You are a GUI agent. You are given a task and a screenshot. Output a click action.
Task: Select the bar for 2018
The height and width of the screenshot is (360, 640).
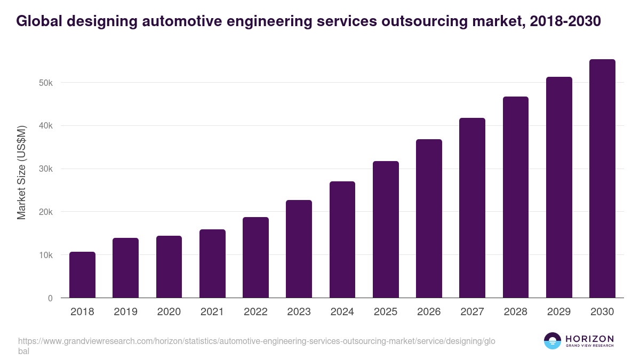pyautogui.click(x=82, y=275)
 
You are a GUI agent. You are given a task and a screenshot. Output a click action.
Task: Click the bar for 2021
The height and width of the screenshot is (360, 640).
pyautogui.click(x=212, y=263)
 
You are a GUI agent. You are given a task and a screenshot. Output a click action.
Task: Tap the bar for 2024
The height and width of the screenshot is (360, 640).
pyautogui.click(x=342, y=239)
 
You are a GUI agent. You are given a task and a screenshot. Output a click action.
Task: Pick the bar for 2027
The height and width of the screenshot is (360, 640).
pyautogui.click(x=472, y=208)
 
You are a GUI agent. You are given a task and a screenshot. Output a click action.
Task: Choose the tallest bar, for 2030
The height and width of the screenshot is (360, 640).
pyautogui.click(x=602, y=179)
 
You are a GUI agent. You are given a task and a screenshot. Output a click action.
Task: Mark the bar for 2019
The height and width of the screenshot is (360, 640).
pyautogui.click(x=125, y=268)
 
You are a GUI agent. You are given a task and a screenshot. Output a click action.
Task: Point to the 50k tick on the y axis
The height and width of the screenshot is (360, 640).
pyautogui.click(x=45, y=83)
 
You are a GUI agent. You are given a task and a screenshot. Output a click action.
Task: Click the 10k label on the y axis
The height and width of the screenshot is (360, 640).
pyautogui.click(x=45, y=255)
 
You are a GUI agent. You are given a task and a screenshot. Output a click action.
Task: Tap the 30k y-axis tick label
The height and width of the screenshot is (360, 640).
pyautogui.click(x=45, y=169)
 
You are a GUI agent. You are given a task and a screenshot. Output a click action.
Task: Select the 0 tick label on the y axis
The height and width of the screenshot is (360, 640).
pyautogui.click(x=50, y=298)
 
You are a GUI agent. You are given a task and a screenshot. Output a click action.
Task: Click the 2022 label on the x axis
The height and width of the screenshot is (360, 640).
pyautogui.click(x=255, y=312)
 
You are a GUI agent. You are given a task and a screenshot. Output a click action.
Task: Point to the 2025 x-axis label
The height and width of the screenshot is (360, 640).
pyautogui.click(x=386, y=312)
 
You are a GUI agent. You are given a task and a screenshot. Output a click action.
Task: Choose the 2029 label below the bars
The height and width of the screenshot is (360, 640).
pyautogui.click(x=559, y=312)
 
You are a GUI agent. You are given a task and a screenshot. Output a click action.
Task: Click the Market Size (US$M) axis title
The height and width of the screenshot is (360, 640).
pyautogui.click(x=22, y=173)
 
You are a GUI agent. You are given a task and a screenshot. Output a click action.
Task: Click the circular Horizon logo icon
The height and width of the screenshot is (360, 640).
pyautogui.click(x=553, y=341)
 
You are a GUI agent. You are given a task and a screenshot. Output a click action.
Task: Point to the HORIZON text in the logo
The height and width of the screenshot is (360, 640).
pyautogui.click(x=589, y=339)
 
